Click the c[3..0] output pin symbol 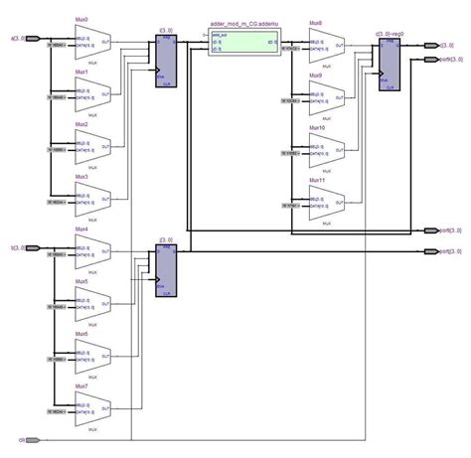[x=429, y=46]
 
